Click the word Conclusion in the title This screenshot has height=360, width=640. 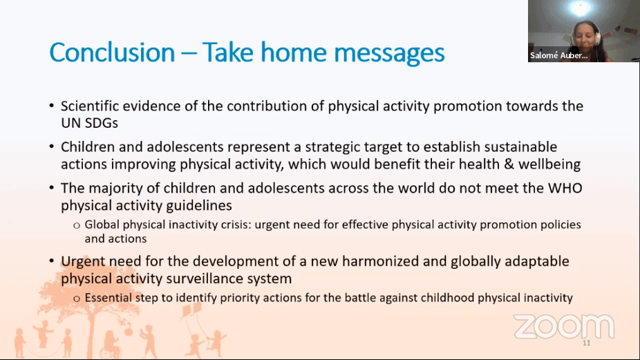tap(112, 53)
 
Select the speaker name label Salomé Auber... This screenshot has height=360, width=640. tap(558, 55)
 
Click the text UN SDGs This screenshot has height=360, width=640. tap(89, 123)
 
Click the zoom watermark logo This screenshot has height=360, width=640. tap(564, 326)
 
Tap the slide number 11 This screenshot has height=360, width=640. tap(587, 343)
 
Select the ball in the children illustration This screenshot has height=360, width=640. tap(129, 332)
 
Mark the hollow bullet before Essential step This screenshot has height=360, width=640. tap(77, 299)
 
